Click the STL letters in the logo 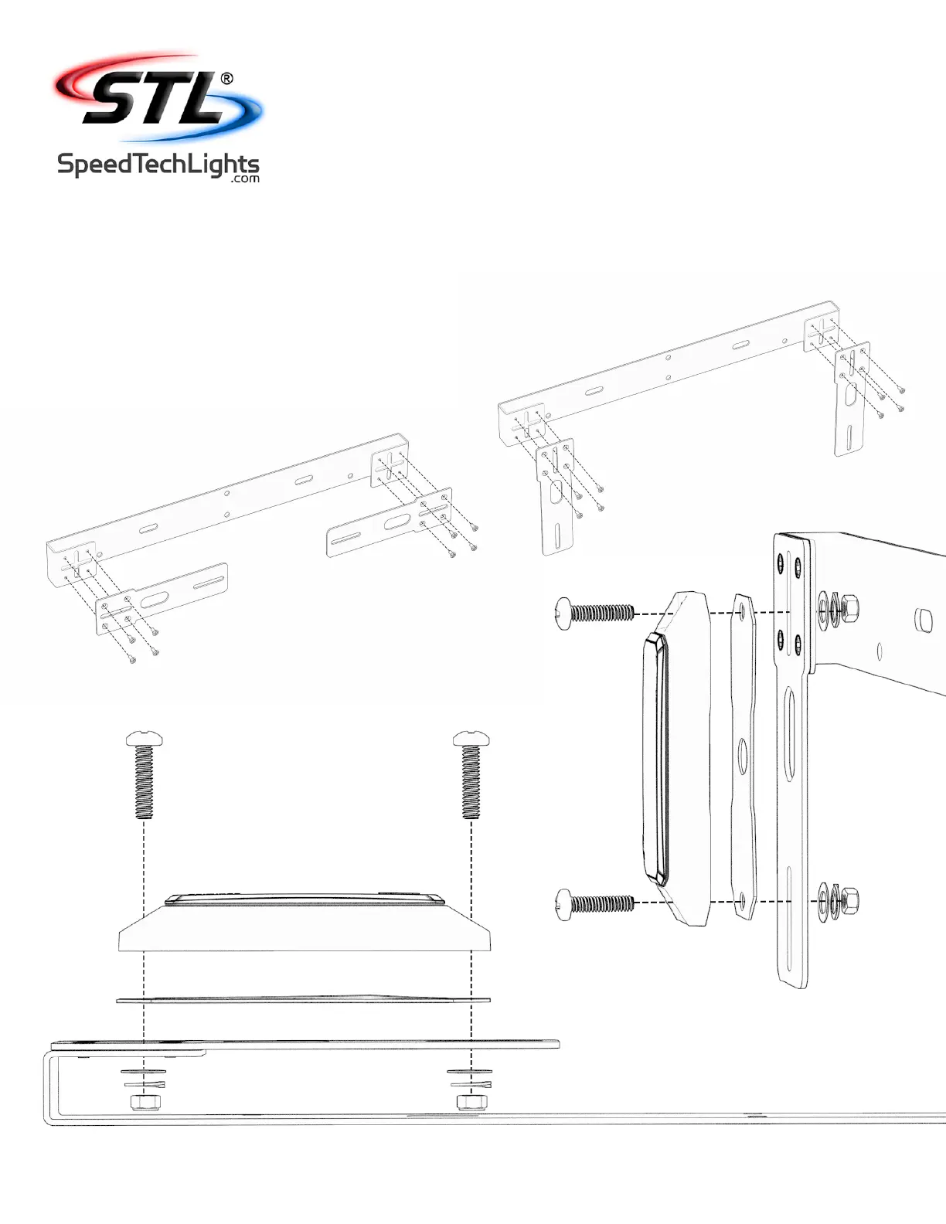155,99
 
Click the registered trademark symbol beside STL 226,78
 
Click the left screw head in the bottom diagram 145,738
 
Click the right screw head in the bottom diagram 471,738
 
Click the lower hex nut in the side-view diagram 849,899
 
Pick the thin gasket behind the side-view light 744,757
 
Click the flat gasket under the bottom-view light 303,1000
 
